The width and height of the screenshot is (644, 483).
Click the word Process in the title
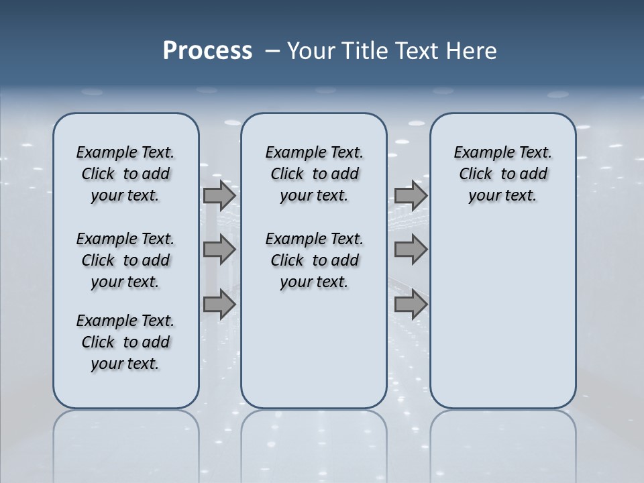tap(207, 50)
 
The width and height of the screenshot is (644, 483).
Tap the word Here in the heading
tap(472, 50)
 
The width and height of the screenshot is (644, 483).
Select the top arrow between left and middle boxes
tap(219, 196)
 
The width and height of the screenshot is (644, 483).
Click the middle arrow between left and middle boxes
tap(219, 250)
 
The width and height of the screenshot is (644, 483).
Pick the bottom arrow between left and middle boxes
tap(219, 304)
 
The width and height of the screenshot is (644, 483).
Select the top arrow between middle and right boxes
tap(411, 196)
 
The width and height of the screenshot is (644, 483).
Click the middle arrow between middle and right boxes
tap(411, 250)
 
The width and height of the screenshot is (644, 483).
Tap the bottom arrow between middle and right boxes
tap(411, 304)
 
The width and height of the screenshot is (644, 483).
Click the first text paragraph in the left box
tap(125, 174)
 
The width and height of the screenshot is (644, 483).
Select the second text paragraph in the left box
tap(125, 260)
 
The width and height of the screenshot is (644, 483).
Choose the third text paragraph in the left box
tap(125, 342)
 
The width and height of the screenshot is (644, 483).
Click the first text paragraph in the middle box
tap(314, 174)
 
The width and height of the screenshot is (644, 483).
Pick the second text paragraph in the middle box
tap(314, 260)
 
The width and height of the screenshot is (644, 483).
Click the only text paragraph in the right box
tap(503, 174)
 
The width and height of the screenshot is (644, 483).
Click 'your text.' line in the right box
tap(502, 195)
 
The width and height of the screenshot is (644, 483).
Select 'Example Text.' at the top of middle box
tap(314, 152)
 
